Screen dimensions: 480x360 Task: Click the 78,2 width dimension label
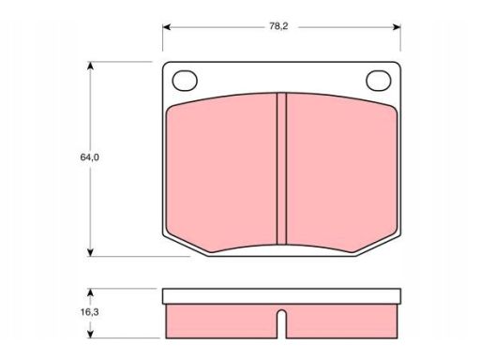coord(278,26)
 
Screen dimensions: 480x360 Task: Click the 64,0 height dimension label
coord(90,157)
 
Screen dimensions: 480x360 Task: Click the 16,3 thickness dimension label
coord(90,312)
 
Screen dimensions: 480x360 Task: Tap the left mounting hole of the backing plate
coord(185,81)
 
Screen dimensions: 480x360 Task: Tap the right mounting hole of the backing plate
coord(379,81)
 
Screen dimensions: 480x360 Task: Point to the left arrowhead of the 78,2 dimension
coord(167,27)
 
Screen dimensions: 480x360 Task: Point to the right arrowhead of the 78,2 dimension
coord(397,27)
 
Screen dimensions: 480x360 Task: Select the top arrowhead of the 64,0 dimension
coord(90,66)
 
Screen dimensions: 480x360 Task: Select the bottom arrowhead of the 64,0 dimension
coord(90,252)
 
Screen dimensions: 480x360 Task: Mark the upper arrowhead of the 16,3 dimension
coord(90,292)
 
